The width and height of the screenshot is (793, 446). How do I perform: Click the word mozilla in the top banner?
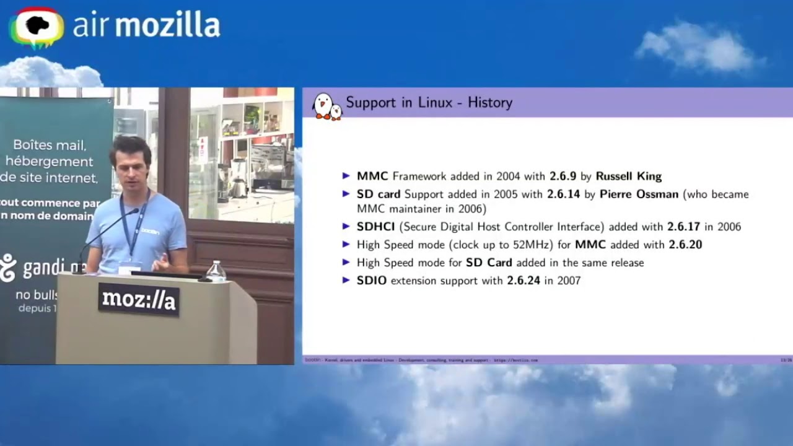coord(167,25)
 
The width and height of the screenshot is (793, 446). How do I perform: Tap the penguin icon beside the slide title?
coord(326,106)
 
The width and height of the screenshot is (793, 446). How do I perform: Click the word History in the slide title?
coord(489,103)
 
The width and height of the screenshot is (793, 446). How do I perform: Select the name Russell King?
coord(628,177)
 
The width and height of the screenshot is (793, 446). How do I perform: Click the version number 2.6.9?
coord(564,177)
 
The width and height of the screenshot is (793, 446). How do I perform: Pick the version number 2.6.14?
coord(563,195)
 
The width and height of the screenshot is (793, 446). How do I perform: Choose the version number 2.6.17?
coord(683,227)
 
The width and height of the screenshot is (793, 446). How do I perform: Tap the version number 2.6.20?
coord(685,245)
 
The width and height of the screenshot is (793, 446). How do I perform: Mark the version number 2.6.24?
coord(524,281)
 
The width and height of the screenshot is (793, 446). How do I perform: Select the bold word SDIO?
coord(372,281)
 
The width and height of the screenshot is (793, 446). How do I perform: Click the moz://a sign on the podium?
coord(139,300)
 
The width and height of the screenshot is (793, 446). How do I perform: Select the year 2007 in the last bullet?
coord(568,281)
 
